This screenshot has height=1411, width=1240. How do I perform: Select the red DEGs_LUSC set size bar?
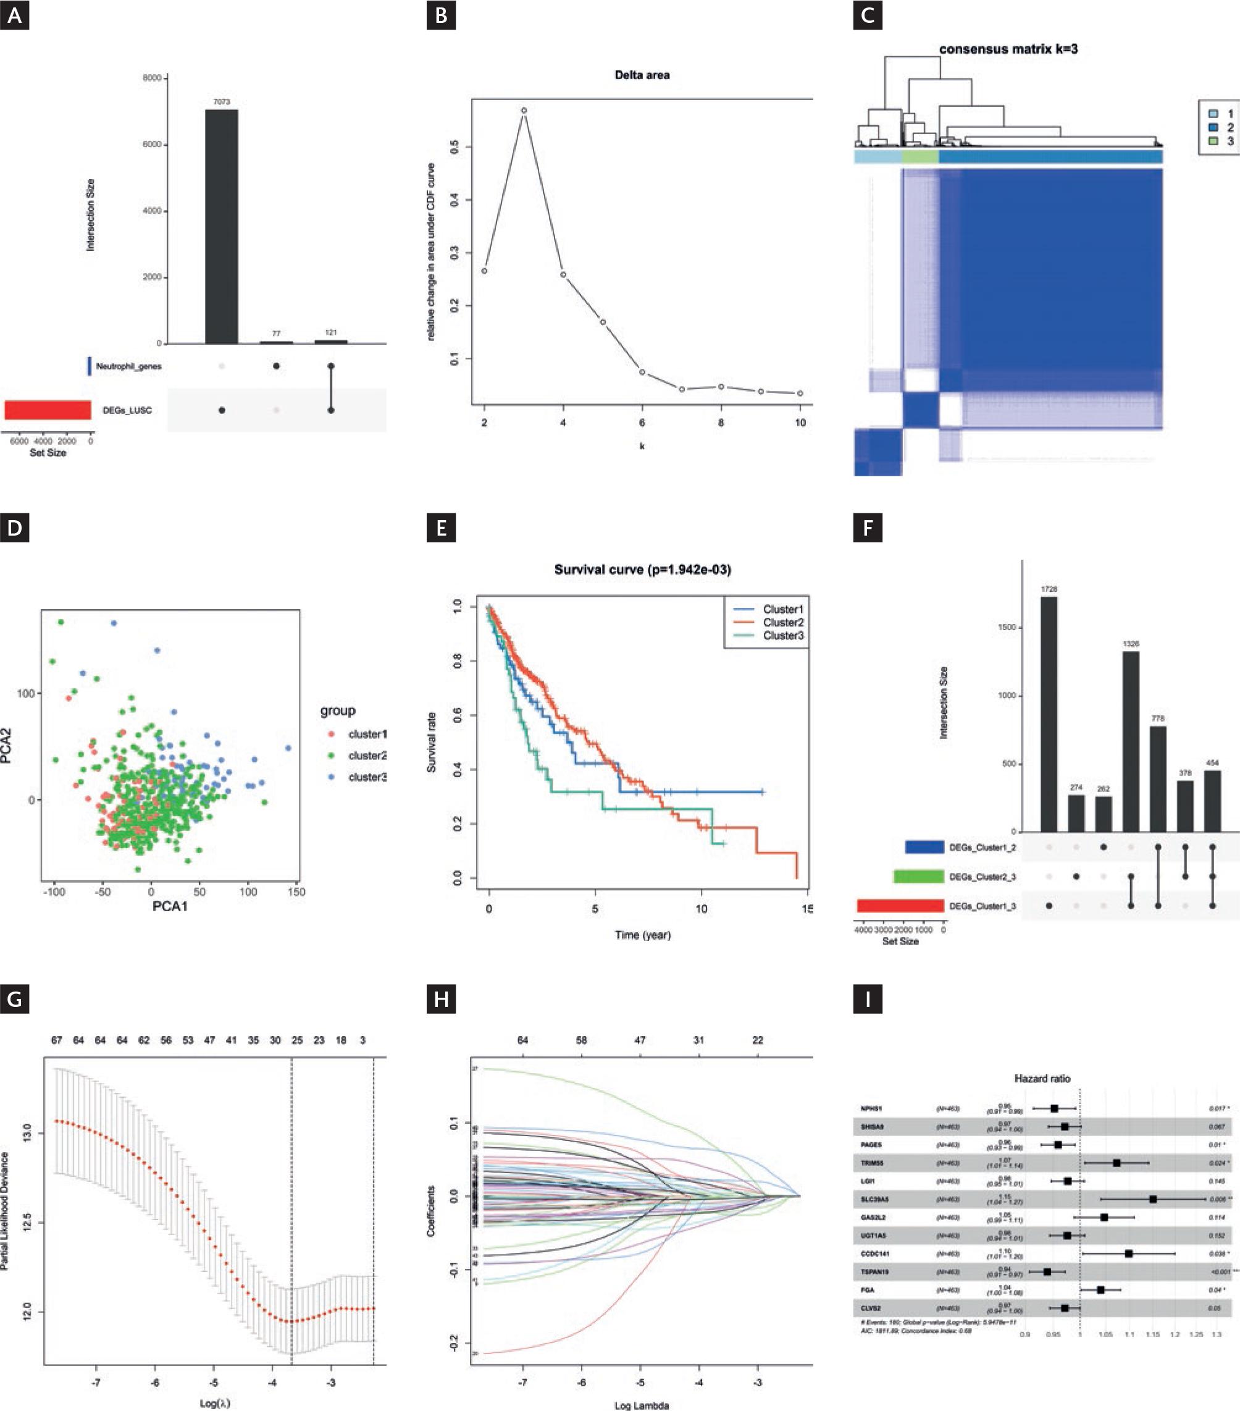48,410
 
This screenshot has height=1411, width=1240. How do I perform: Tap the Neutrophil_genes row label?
128,366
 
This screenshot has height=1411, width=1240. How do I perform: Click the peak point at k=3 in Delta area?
524,111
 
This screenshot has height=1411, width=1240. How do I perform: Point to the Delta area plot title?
642,75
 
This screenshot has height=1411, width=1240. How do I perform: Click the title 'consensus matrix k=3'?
1008,49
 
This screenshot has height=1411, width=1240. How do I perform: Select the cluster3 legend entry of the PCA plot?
366,777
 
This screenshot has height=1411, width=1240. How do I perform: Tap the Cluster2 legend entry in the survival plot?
782,623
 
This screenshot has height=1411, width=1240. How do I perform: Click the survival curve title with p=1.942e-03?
642,570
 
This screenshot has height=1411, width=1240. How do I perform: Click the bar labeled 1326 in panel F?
1130,741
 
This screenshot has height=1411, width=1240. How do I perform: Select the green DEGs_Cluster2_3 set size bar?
918,877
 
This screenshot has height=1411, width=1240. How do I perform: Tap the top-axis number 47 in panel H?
640,1040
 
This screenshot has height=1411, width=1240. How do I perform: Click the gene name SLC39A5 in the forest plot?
874,1199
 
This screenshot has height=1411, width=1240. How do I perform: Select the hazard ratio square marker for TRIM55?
1116,1163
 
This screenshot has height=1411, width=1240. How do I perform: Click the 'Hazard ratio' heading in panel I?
1042,1078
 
